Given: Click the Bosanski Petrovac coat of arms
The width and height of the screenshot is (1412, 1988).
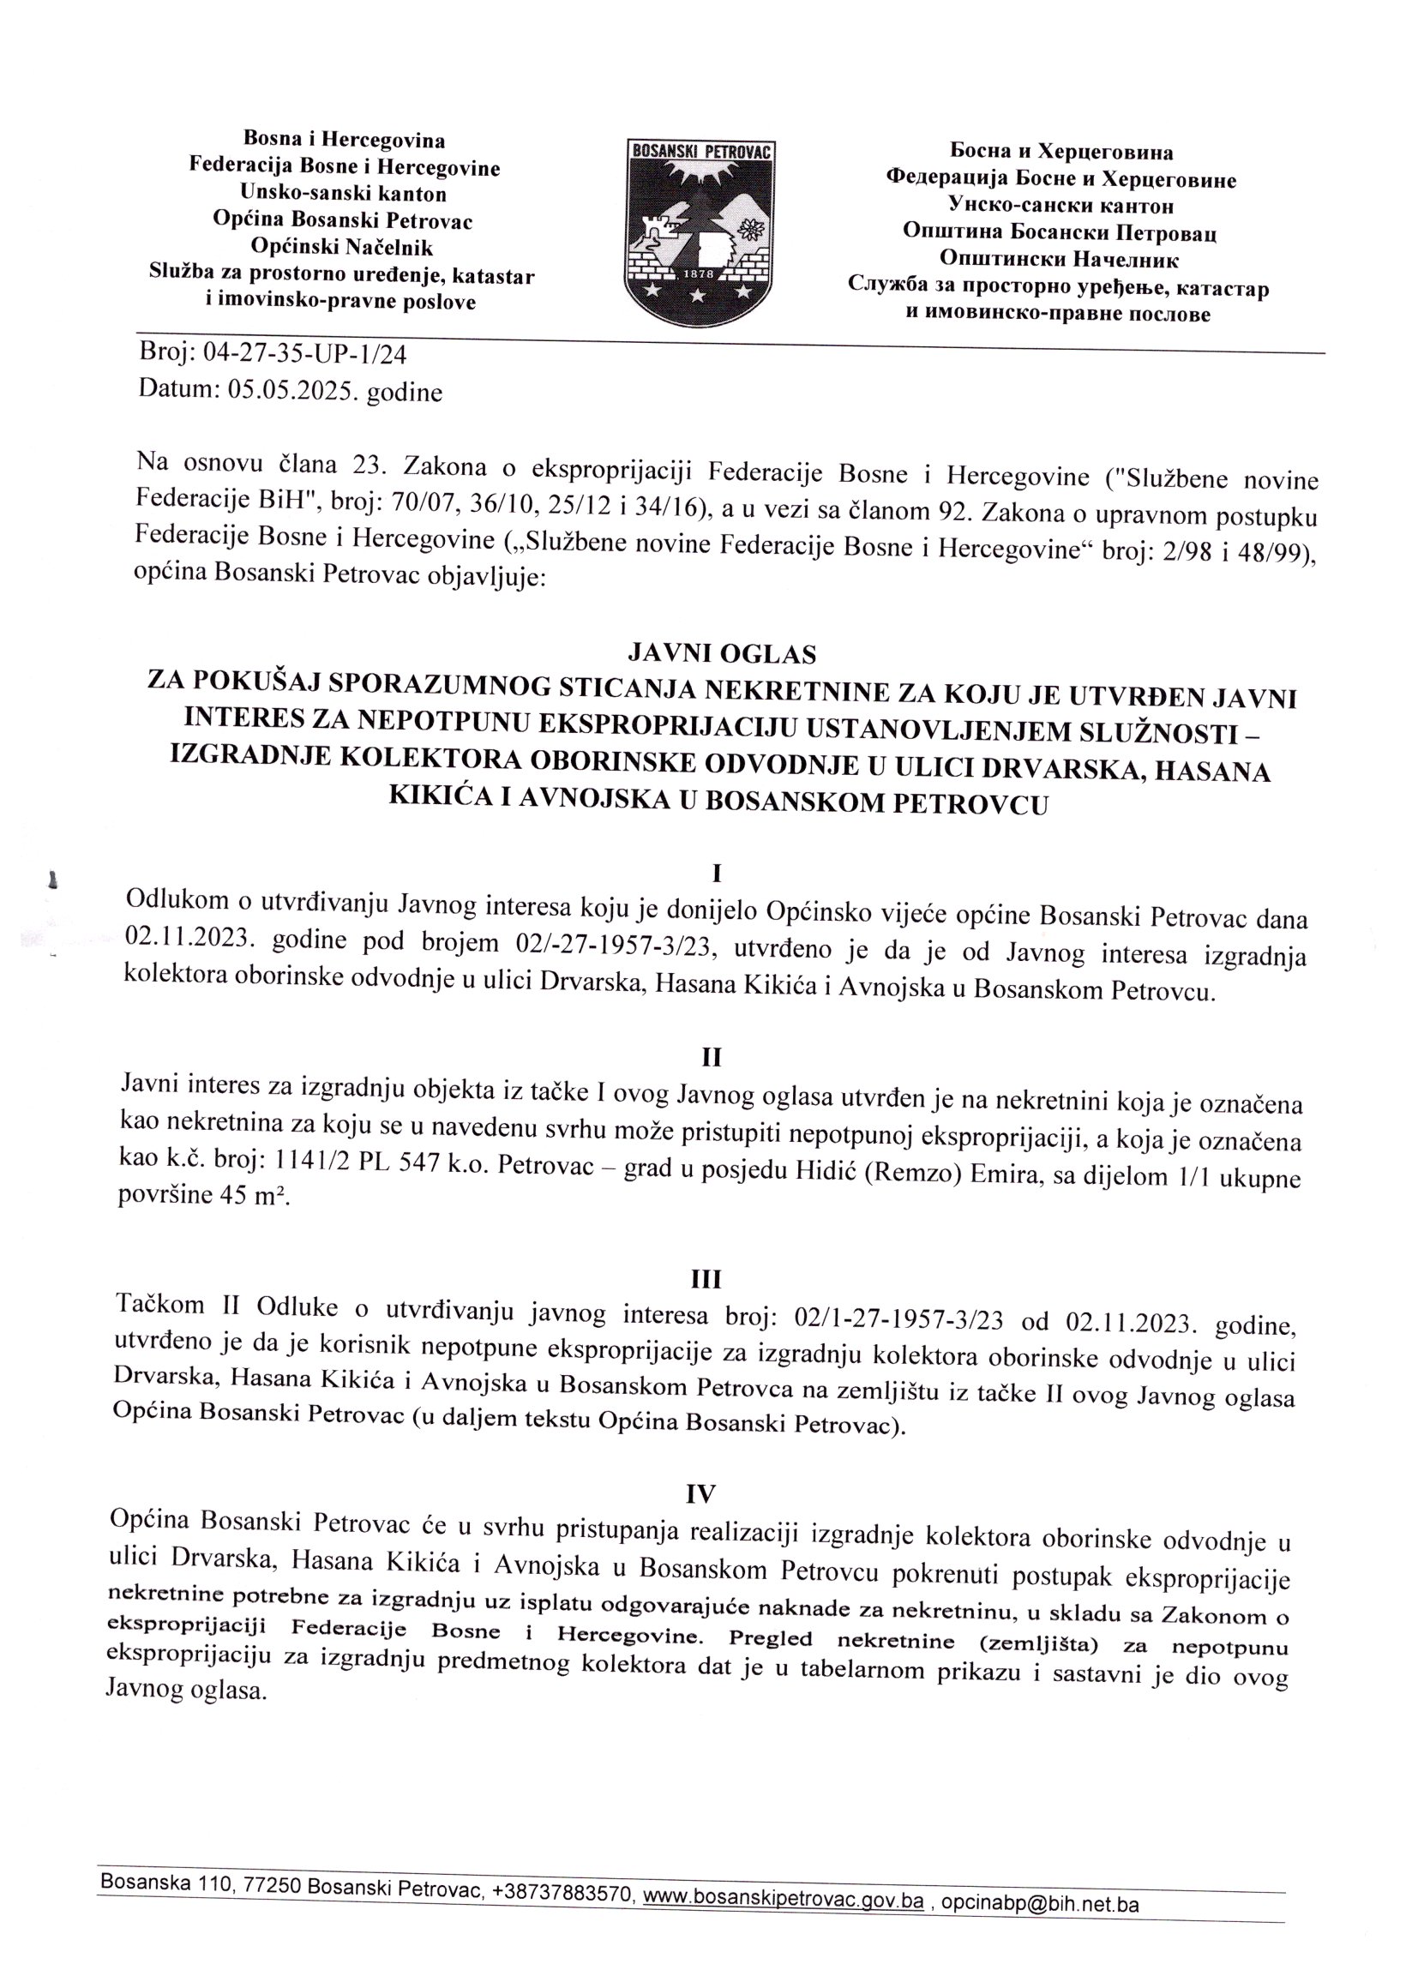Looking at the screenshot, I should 700,229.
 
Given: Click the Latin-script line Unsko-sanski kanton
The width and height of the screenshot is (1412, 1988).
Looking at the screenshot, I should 345,194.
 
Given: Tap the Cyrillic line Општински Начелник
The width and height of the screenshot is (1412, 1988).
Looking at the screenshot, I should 1060,259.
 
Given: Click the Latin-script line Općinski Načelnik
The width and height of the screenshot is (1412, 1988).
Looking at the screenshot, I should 342,248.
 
